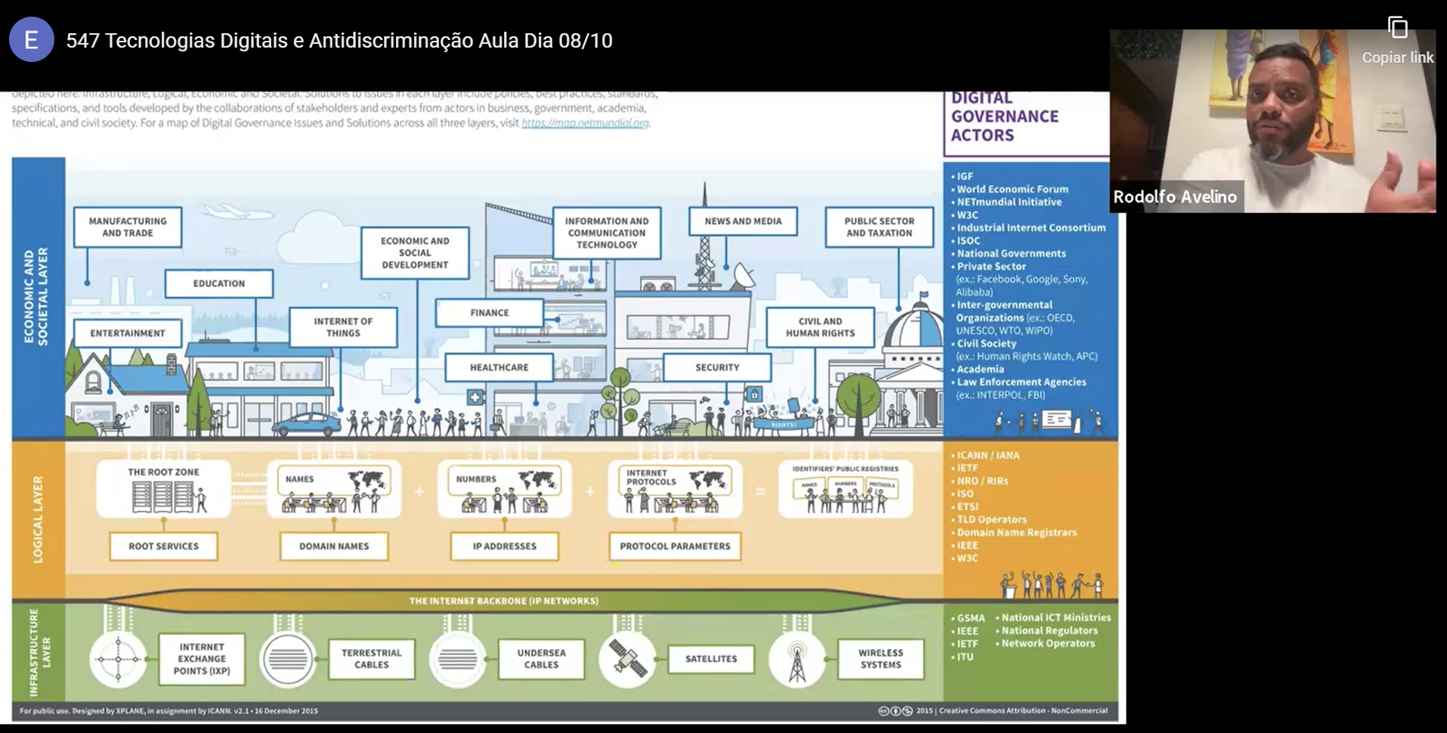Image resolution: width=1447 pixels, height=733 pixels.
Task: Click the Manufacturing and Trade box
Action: coord(128,227)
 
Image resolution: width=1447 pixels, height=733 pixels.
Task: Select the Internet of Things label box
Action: coord(343,326)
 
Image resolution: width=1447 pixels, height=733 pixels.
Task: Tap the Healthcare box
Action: coord(499,367)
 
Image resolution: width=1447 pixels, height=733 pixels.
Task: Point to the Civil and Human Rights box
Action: coord(820,326)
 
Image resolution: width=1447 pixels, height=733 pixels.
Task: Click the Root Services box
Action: coord(163,546)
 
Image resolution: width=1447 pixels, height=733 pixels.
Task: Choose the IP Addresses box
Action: coord(504,546)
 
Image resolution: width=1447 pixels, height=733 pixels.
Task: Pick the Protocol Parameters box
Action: coord(675,546)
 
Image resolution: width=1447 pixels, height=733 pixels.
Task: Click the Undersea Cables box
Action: coord(541,658)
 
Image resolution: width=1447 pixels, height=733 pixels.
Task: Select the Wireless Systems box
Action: coord(880,658)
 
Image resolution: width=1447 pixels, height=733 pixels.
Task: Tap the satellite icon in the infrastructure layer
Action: coord(628,658)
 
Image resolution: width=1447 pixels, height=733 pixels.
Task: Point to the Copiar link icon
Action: coord(1398,29)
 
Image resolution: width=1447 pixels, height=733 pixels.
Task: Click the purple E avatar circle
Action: coord(31,39)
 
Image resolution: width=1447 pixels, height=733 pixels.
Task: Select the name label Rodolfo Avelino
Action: coord(1175,197)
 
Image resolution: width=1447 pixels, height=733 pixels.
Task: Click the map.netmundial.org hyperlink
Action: coord(585,122)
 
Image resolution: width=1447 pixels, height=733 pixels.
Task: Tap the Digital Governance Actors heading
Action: coord(1004,117)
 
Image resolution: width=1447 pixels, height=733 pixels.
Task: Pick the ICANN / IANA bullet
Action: coord(988,455)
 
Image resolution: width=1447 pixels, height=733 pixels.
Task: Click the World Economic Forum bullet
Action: coord(1013,189)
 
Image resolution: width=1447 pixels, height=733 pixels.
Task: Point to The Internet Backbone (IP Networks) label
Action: coord(504,601)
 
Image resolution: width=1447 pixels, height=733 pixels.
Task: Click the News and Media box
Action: coord(743,221)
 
